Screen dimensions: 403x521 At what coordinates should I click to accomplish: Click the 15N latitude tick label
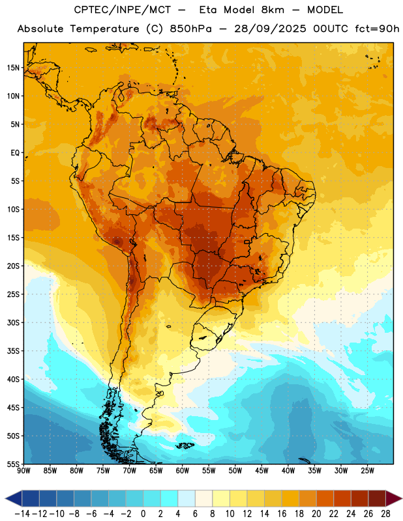click(x=13, y=68)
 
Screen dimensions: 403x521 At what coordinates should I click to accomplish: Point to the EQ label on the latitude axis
click(x=15, y=153)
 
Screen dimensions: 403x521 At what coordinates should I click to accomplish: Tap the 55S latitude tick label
click(x=13, y=464)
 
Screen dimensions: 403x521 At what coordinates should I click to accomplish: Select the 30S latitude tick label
click(x=13, y=322)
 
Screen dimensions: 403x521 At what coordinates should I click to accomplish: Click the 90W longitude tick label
click(x=23, y=471)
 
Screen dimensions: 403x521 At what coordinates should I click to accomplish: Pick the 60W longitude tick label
click(x=183, y=471)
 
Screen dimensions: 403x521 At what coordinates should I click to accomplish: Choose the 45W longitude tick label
click(x=262, y=471)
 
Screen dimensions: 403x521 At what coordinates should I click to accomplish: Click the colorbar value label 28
click(x=385, y=514)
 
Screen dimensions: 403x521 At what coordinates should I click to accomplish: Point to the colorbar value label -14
click(x=22, y=514)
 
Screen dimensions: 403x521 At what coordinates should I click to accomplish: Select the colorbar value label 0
click(x=143, y=514)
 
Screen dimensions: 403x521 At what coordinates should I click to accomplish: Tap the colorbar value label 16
click(x=282, y=514)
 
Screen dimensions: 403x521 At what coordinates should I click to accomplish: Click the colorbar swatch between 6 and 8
click(x=204, y=499)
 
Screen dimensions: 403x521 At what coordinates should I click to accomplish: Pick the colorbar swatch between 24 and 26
click(x=360, y=499)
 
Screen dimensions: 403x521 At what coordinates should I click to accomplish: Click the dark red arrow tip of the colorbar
click(x=401, y=499)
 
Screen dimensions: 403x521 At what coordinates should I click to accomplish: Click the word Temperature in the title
click(x=104, y=29)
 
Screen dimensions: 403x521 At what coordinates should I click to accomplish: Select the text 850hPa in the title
click(x=190, y=29)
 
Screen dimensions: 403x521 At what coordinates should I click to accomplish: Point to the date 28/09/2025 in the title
click(x=270, y=29)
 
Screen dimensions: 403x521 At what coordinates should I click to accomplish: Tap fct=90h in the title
click(x=377, y=29)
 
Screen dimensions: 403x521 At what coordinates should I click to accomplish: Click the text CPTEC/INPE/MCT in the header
click(x=122, y=10)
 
